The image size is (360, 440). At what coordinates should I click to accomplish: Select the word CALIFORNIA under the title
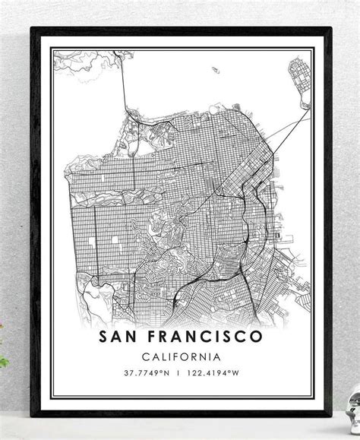pyautogui.click(x=179, y=356)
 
